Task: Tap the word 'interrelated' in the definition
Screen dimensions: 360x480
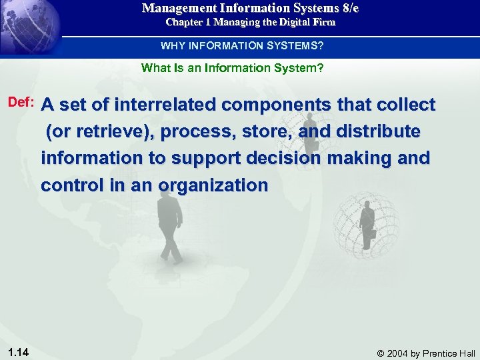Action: pos(167,105)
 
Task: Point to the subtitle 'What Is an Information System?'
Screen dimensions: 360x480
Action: pos(233,67)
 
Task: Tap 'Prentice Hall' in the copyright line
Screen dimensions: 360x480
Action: pos(450,353)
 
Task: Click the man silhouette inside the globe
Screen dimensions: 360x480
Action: pos(366,223)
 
